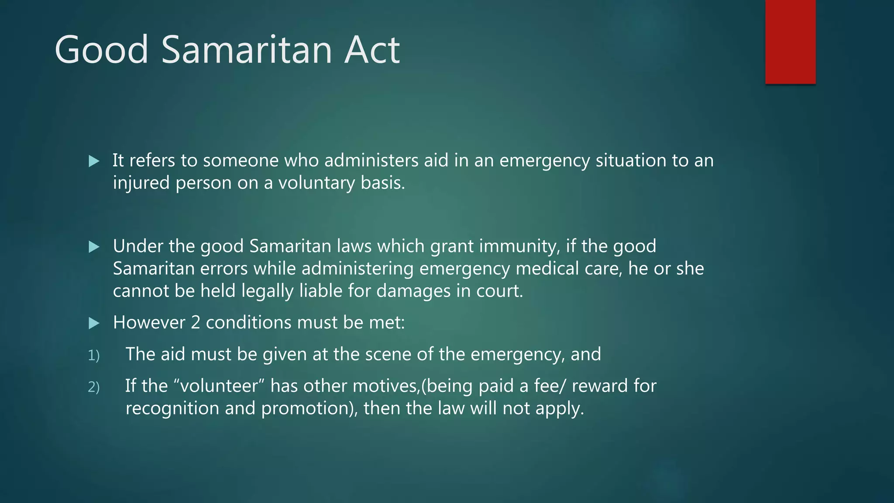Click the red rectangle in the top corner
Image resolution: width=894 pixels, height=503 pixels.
pyautogui.click(x=790, y=41)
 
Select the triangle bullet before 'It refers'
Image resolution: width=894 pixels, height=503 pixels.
pyautogui.click(x=94, y=162)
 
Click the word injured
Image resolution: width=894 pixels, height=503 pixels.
pyautogui.click(x=141, y=183)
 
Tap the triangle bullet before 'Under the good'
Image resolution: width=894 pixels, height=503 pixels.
pyautogui.click(x=94, y=247)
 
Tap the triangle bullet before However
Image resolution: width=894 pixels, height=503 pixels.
pyautogui.click(x=94, y=323)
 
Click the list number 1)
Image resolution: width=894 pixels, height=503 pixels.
pyautogui.click(x=94, y=355)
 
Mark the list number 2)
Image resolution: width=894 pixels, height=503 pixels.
pyautogui.click(x=94, y=387)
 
